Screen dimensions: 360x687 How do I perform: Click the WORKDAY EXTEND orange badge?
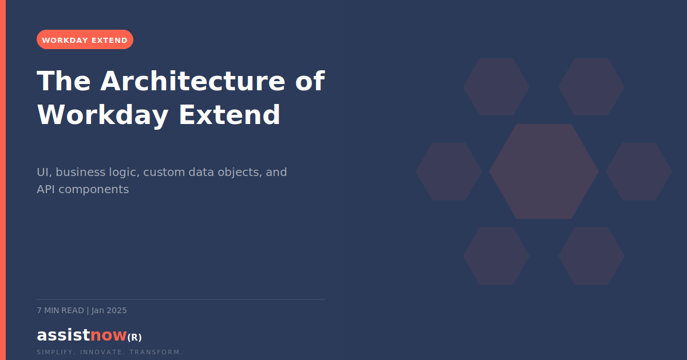(x=85, y=40)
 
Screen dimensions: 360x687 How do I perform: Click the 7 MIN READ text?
(x=60, y=311)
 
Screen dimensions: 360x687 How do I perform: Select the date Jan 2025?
(x=109, y=311)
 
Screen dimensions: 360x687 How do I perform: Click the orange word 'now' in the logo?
(x=108, y=335)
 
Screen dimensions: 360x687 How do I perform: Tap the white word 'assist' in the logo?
(x=63, y=335)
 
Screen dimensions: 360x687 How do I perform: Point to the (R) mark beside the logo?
(x=135, y=337)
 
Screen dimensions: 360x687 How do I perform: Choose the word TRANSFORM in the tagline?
(x=156, y=352)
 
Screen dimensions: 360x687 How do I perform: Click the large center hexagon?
(x=544, y=171)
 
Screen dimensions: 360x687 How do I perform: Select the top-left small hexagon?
(x=496, y=87)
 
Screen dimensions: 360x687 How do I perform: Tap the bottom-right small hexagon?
(x=591, y=256)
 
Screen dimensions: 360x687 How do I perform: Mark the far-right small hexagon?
(x=639, y=171)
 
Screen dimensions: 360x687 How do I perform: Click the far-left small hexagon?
(x=449, y=171)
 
